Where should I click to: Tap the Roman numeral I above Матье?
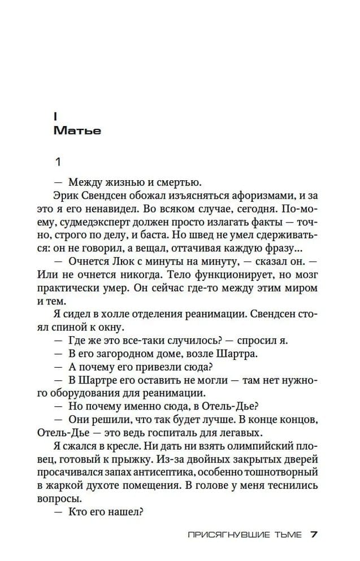tap(55, 117)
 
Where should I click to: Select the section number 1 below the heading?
tap(57, 163)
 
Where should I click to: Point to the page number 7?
tap(315, 534)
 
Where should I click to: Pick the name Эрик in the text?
tap(68, 195)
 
